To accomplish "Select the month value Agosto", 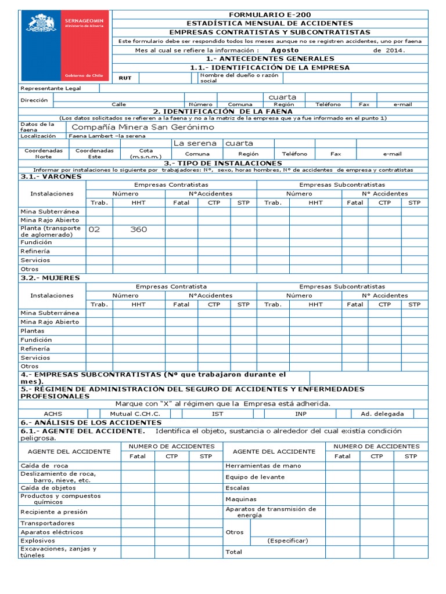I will [285, 50].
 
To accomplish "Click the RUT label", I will [125, 78].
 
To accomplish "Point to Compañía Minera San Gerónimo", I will [142, 126].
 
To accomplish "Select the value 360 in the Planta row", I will [138, 229].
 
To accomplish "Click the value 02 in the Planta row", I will [94, 229].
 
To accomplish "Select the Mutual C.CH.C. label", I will [135, 414].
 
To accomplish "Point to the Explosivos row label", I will [38, 540].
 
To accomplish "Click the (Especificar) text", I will [287, 540].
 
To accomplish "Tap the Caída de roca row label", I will [44, 465].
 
